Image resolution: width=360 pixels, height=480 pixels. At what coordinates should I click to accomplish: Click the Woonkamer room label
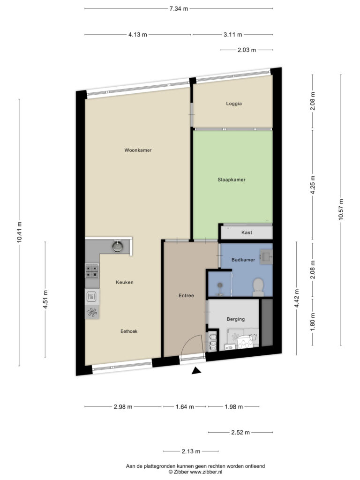click(x=138, y=150)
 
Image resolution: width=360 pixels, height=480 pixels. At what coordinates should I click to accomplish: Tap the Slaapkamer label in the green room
click(x=232, y=180)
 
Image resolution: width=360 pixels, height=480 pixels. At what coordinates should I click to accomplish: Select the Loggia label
click(x=234, y=104)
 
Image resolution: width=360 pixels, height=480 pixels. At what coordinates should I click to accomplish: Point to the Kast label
click(x=247, y=232)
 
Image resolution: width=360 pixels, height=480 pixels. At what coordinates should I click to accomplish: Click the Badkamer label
click(x=243, y=260)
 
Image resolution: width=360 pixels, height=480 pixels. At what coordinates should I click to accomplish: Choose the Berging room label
click(x=235, y=319)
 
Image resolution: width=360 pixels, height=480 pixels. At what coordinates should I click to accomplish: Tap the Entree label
click(x=186, y=295)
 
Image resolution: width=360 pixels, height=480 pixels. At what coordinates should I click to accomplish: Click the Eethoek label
click(x=129, y=331)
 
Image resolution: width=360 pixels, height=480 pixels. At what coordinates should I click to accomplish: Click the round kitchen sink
click(x=118, y=246)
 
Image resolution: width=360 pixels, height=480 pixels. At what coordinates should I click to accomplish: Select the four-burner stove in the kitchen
click(x=92, y=271)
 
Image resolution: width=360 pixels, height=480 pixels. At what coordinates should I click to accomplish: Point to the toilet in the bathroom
click(x=258, y=287)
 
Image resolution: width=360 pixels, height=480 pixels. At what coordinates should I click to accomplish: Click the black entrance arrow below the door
click(x=196, y=371)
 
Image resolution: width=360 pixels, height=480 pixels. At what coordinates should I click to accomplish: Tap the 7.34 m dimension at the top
click(x=179, y=8)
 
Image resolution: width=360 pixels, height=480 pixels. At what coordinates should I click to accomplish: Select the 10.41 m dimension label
click(x=19, y=232)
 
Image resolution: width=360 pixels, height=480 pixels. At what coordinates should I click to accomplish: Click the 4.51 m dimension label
click(x=45, y=300)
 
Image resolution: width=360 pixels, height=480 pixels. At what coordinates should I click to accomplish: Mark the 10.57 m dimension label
click(x=341, y=210)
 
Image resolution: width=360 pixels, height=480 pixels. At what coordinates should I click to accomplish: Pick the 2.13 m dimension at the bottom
click(x=191, y=451)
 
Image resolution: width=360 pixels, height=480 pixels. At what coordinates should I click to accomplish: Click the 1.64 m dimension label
click(x=185, y=407)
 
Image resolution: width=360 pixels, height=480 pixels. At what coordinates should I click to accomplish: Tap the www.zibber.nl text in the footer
click(x=206, y=472)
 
